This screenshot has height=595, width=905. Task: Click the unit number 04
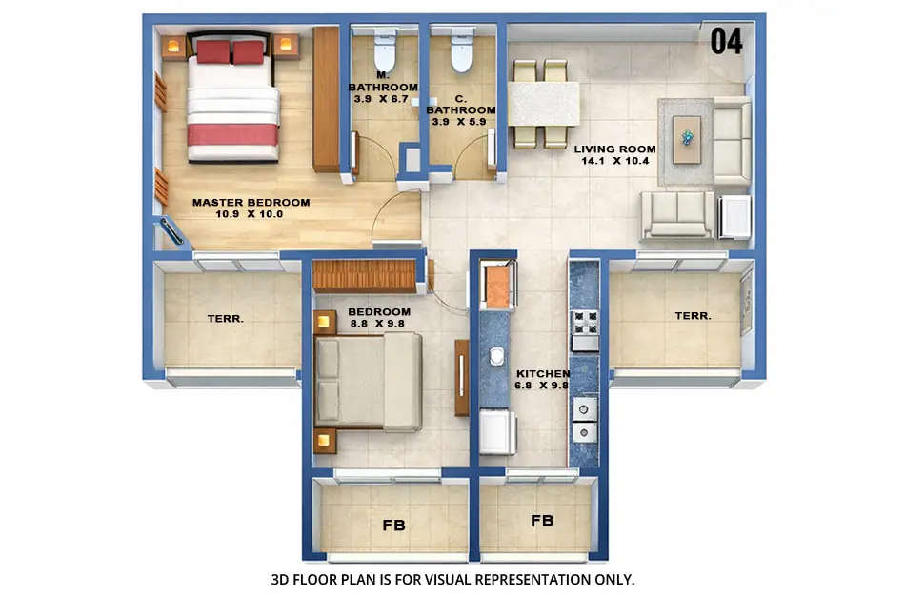pos(726,42)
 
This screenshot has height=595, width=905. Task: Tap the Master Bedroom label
pos(251,202)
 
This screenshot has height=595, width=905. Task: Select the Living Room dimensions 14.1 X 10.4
pos(614,161)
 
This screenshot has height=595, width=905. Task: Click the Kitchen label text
pos(543,373)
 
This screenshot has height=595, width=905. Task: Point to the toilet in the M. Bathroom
pos(385,53)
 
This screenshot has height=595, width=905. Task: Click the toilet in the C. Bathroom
pos(461,53)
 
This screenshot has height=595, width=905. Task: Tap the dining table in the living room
pos(543,104)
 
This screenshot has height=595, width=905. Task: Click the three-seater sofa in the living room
pos(676,213)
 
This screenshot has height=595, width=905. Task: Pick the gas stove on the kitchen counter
pos(584,329)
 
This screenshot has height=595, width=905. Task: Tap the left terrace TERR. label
pos(226,318)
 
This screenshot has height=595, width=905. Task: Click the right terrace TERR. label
pos(693,315)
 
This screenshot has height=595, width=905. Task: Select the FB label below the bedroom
pos(392,524)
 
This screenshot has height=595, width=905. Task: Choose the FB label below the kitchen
pos(542,521)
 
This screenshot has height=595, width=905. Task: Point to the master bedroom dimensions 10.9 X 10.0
pos(250,214)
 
